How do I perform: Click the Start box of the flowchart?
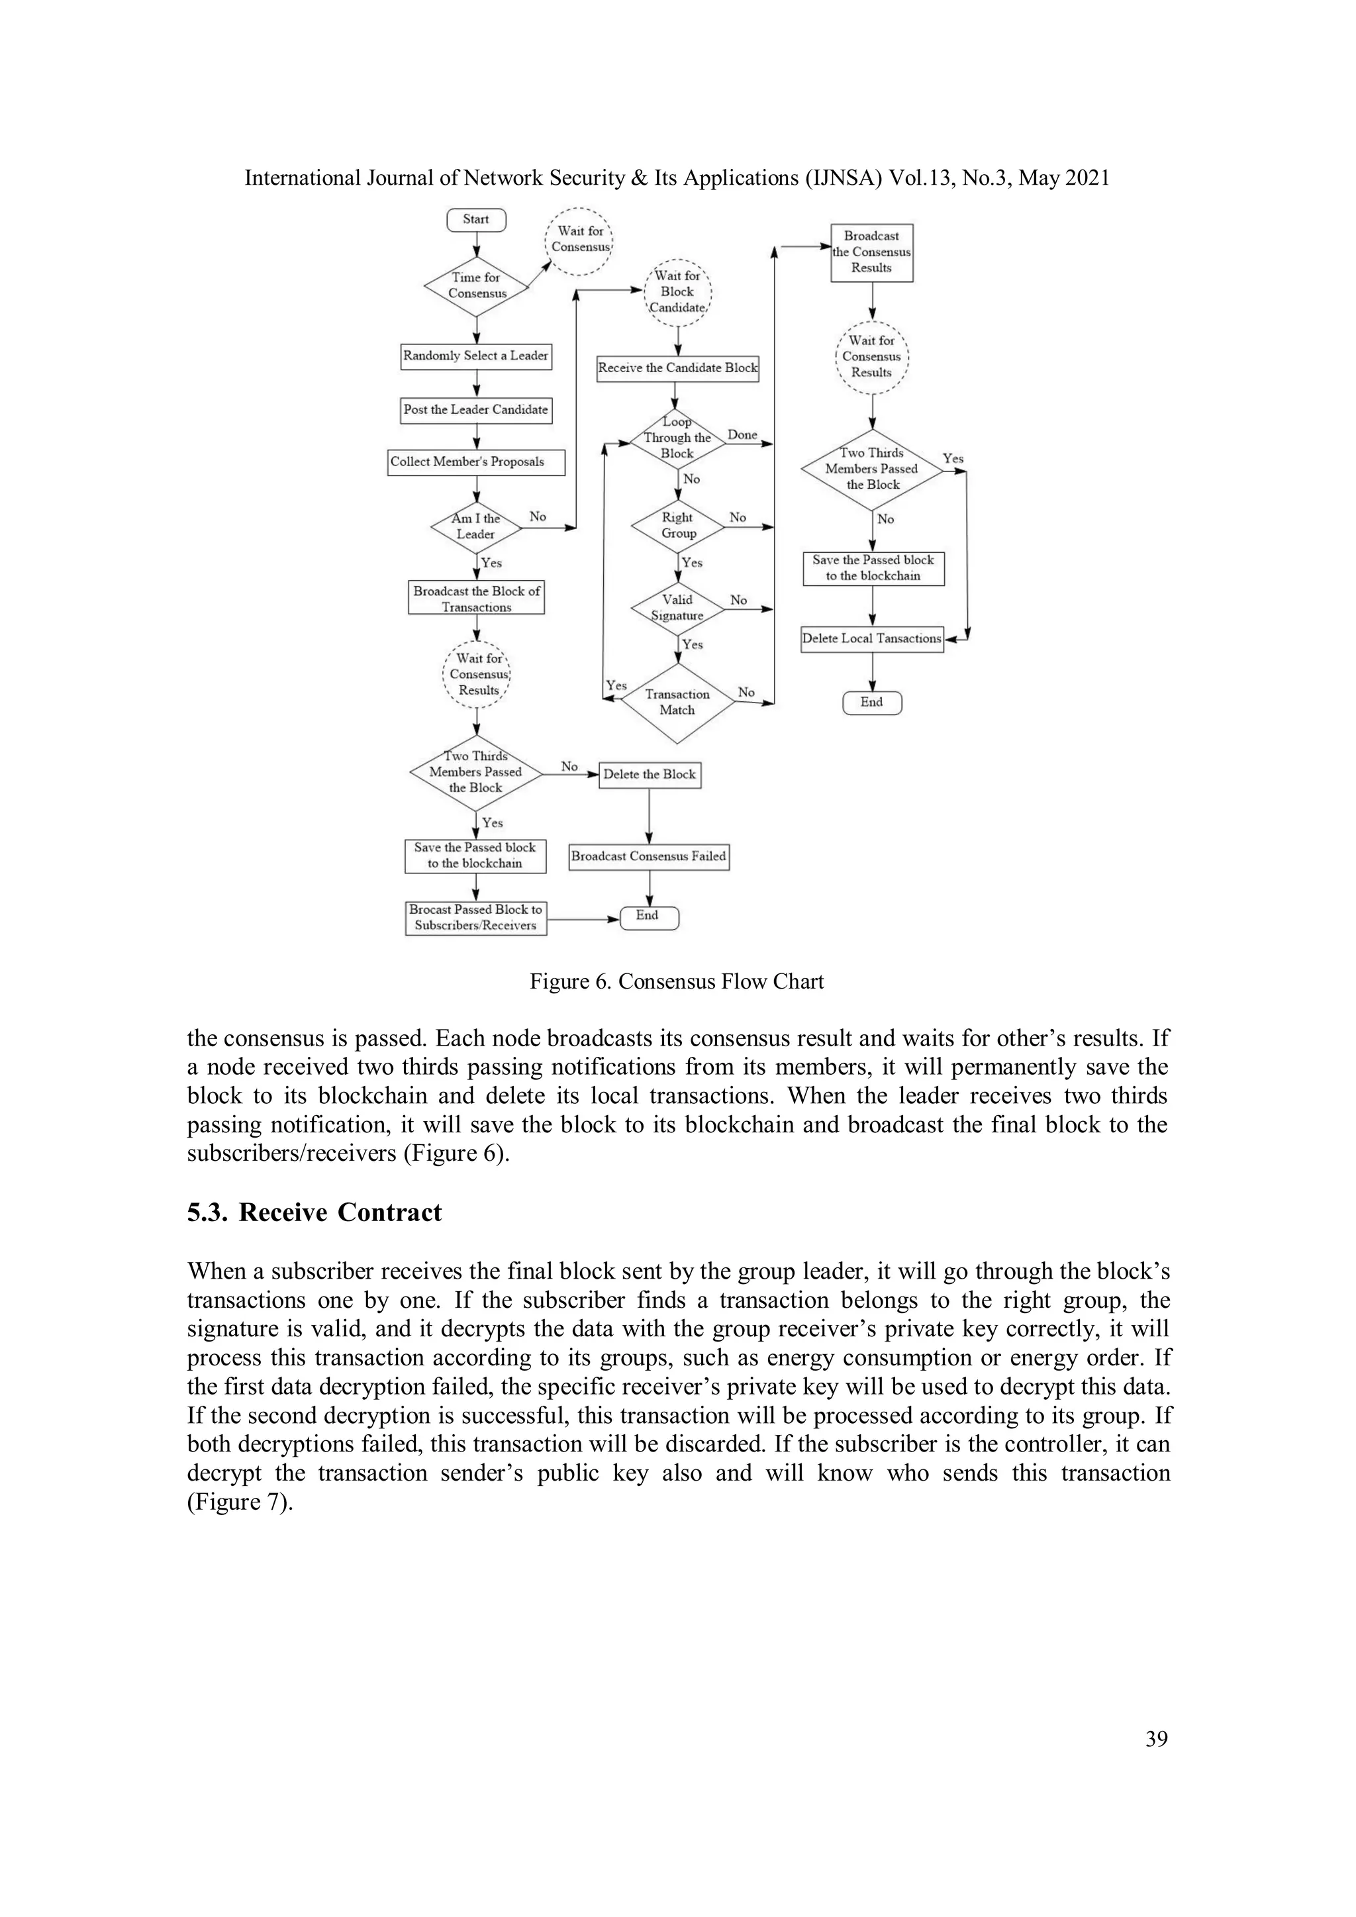pos(476,220)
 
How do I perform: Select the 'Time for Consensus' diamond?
pos(476,285)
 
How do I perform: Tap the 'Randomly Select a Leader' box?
pos(476,356)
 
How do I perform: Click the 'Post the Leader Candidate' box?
pos(476,410)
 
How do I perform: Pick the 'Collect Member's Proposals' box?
pos(476,462)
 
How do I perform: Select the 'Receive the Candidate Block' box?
pos(677,368)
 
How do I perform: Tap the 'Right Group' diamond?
pos(677,525)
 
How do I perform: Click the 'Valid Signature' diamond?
pos(677,608)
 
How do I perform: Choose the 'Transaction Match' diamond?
pos(677,702)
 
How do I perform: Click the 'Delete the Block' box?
pos(650,775)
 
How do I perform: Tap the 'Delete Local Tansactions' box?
pos(872,639)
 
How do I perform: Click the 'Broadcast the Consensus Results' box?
pos(872,252)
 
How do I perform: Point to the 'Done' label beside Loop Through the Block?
pos(742,435)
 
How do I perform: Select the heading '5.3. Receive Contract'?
pos(314,1212)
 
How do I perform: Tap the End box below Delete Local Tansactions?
pos(872,702)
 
